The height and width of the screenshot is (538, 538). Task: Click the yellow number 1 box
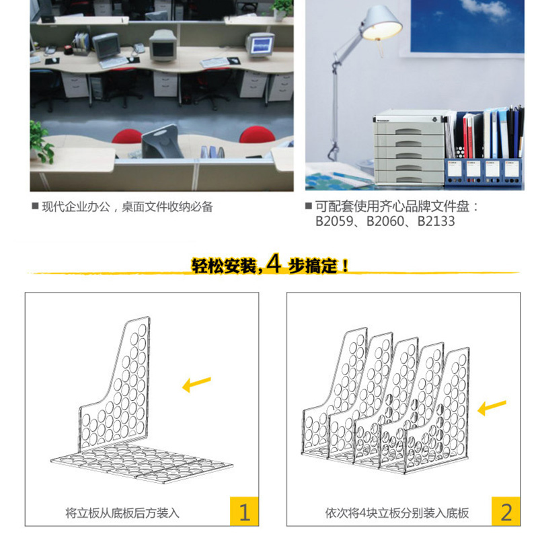244,511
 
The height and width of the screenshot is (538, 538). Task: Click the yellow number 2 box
506,511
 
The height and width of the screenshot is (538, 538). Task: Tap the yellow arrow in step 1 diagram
196,384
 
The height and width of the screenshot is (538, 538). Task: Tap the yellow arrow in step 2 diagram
492,407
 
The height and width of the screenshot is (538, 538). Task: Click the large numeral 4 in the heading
274,264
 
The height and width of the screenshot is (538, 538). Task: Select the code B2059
334,221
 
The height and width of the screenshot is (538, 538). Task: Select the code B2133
436,221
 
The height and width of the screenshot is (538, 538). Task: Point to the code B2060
385,221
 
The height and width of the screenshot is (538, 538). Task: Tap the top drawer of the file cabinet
409,129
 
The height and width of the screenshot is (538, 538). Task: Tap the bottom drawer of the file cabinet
409,178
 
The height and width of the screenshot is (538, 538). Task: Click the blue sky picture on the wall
467,26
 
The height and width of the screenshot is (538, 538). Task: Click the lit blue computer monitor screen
262,45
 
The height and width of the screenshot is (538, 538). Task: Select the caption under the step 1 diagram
122,513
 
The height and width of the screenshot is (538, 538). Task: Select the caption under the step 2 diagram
397,513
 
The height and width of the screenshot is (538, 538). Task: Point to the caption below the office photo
127,206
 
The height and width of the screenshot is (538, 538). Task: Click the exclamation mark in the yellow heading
345,266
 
